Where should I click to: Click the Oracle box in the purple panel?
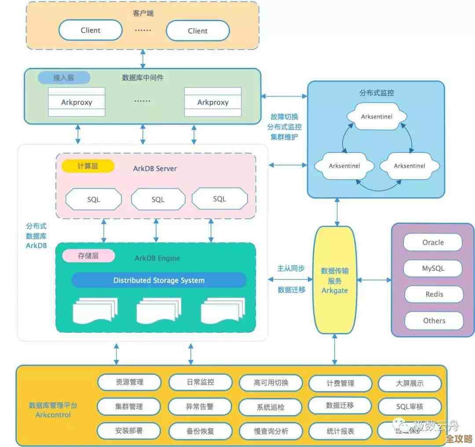coord(433,242)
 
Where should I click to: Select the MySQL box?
coord(433,268)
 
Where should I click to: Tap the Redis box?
coord(434,294)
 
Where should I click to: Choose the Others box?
coord(434,321)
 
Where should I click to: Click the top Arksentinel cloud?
coord(376,117)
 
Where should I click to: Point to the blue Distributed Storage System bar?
coord(159,280)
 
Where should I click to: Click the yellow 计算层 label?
coord(88,166)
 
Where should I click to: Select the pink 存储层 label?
coord(88,255)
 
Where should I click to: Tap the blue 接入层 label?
coord(64,78)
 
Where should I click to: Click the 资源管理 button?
coord(129,382)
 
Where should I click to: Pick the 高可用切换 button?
coord(270,383)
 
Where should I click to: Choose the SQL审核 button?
coord(409,406)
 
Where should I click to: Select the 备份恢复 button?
coord(200,431)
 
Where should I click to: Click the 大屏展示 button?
coord(409,383)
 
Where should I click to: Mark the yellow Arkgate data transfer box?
coord(335,280)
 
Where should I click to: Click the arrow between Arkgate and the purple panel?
coord(374,280)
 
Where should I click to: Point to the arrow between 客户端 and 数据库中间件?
coord(142,59)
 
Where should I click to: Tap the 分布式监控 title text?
coord(376,93)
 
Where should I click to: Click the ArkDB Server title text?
coord(155,169)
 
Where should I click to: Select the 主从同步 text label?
coord(291,268)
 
